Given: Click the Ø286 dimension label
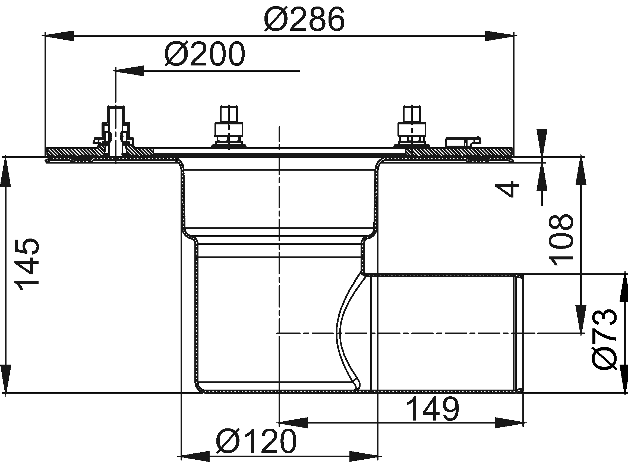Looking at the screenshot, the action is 305,19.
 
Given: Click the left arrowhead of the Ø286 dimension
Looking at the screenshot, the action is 59,36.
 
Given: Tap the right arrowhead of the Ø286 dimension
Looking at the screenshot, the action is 499,36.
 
